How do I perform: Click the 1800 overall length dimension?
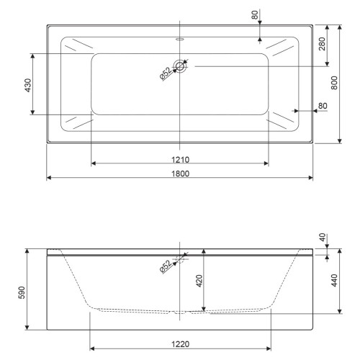point(180,174)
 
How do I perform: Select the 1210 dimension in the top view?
point(180,160)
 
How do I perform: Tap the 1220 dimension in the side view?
point(180,344)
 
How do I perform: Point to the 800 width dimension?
point(334,83)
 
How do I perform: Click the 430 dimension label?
point(28,85)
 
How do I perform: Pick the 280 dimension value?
point(322,44)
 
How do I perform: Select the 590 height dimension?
point(22,292)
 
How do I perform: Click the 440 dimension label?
point(334,280)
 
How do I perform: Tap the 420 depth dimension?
point(199,281)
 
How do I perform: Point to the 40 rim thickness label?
point(323,238)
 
